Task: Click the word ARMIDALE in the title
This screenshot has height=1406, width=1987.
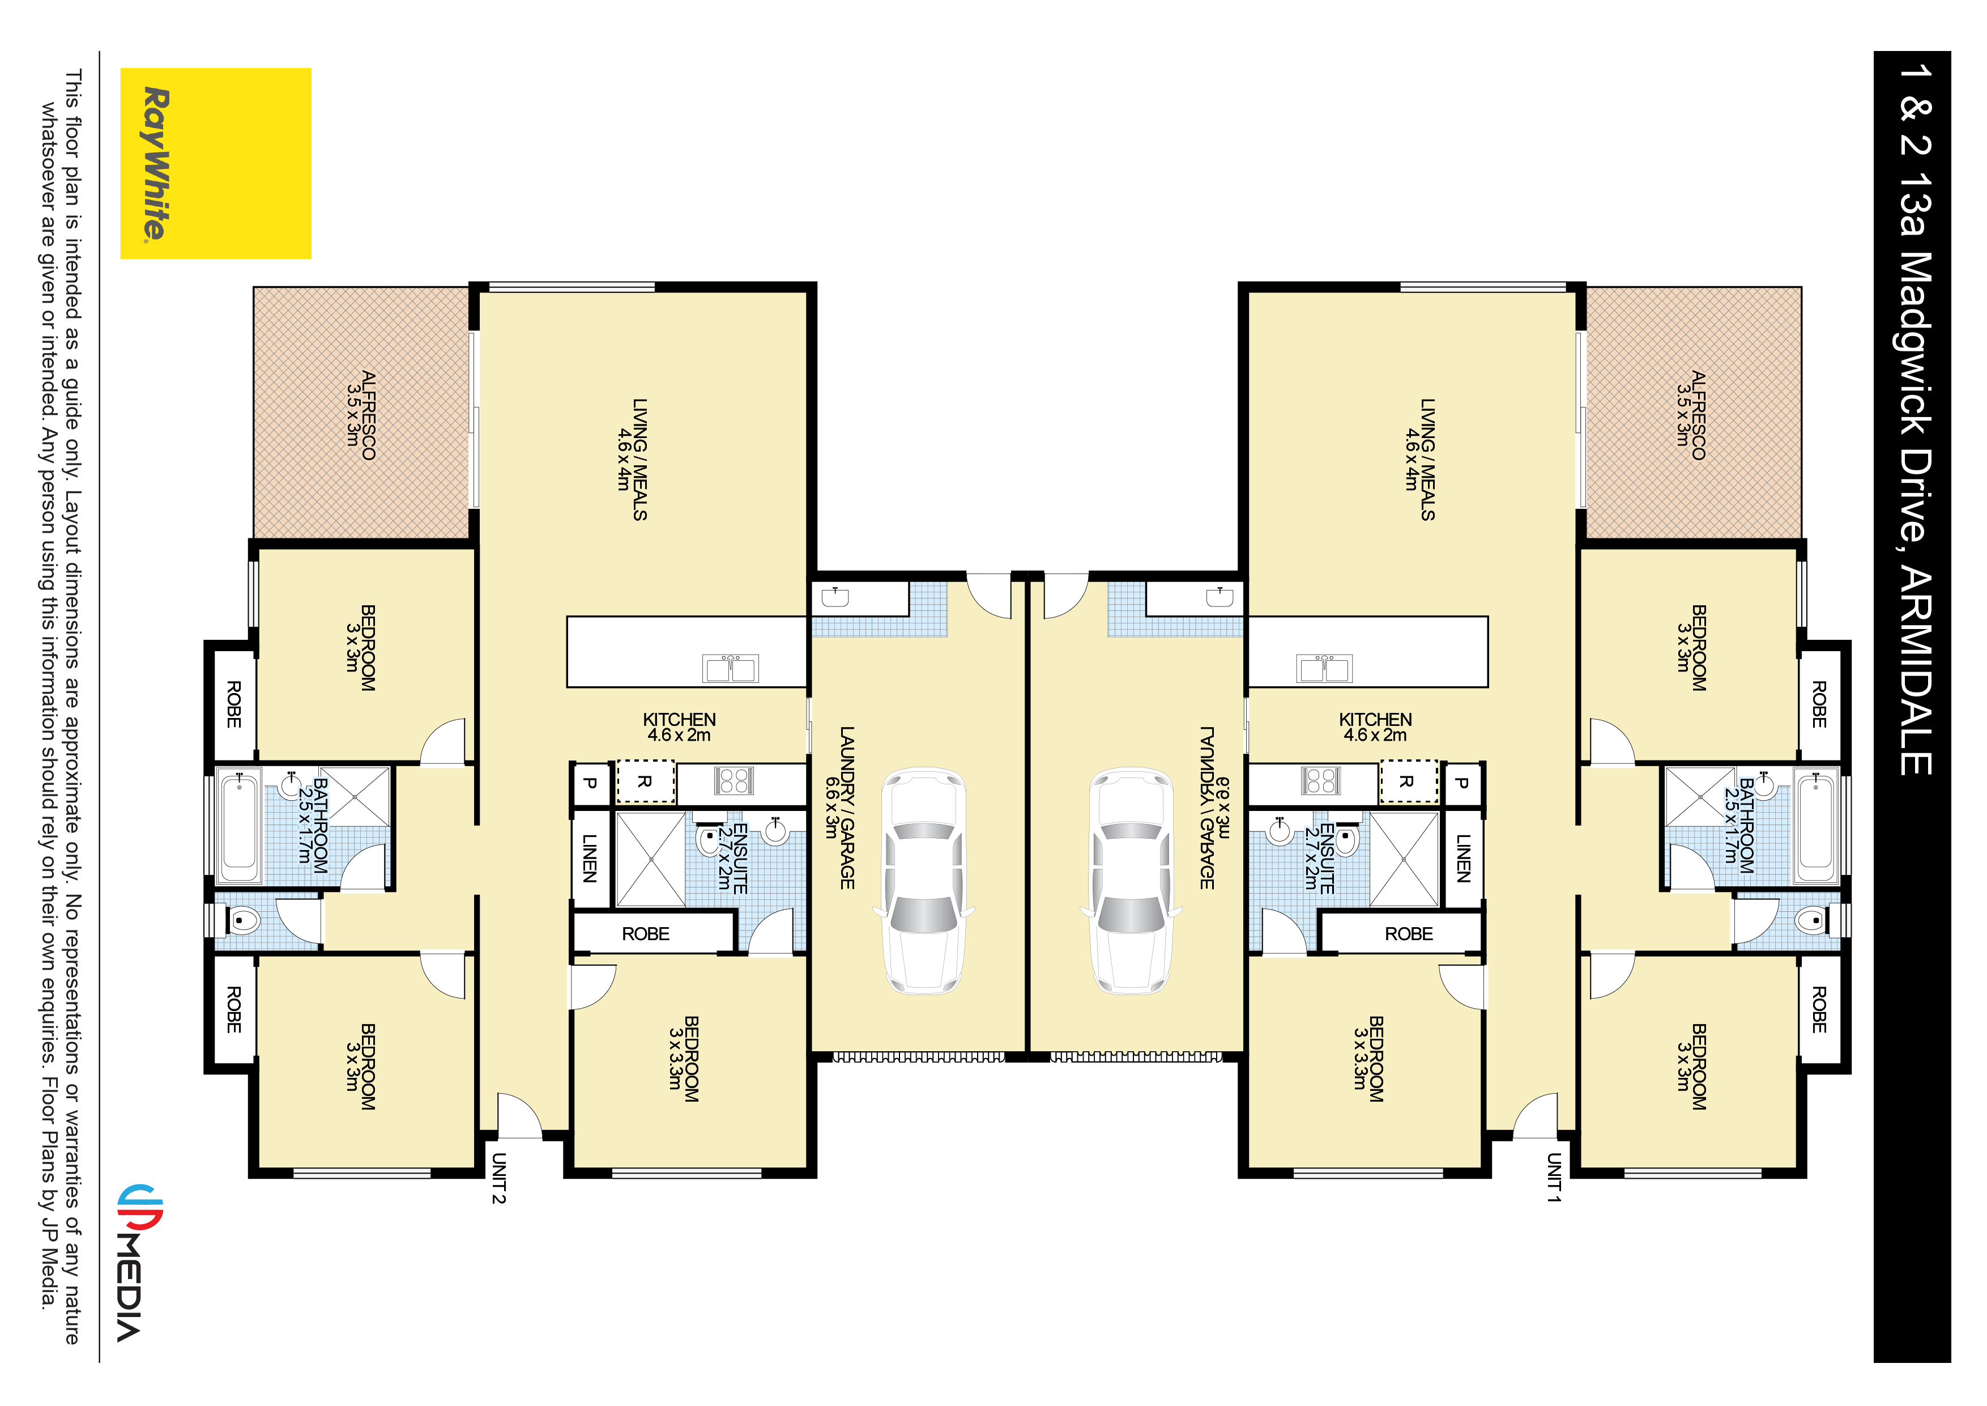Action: point(1914,671)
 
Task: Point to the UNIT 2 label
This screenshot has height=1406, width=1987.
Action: point(498,1178)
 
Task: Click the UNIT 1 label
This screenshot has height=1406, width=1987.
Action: point(1554,1178)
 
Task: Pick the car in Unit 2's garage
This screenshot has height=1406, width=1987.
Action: point(923,880)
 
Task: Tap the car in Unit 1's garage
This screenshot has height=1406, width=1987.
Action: point(1130,880)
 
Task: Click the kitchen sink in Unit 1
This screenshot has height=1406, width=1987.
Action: point(1324,668)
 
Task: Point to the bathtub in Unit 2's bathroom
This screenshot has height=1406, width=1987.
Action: point(240,825)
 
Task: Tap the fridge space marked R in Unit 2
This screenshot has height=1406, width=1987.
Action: point(645,782)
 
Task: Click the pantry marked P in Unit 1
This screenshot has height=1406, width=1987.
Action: point(1462,783)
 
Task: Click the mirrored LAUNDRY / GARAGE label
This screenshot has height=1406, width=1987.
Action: point(1207,807)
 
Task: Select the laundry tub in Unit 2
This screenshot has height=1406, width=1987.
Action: point(835,597)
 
